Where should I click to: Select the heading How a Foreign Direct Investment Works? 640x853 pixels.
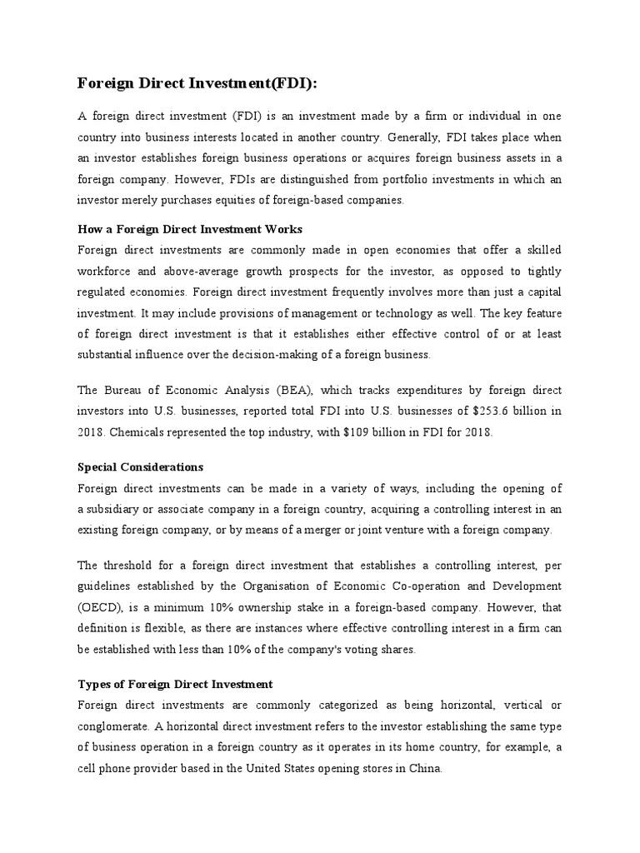pyautogui.click(x=189, y=228)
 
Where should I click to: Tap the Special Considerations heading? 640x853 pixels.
pyautogui.click(x=140, y=466)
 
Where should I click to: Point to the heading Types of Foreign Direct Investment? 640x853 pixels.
pyautogui.click(x=175, y=684)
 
